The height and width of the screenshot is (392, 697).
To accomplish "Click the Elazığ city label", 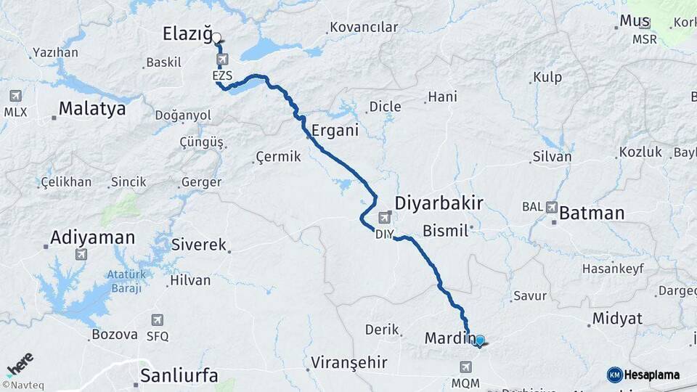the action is (x=187, y=33).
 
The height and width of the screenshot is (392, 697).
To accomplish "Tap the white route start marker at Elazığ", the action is (x=216, y=37).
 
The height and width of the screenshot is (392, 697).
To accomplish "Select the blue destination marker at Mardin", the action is (x=479, y=340).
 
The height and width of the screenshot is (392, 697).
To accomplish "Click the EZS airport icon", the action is (x=221, y=60).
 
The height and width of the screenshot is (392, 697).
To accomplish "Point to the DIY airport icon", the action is (x=384, y=217).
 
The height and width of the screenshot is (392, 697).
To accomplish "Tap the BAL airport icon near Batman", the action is (x=552, y=207).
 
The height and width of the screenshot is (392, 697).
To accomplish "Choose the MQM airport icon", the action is (x=465, y=367).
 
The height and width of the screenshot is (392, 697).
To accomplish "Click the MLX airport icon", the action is (x=15, y=96).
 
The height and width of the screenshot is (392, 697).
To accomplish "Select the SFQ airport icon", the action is (x=158, y=320).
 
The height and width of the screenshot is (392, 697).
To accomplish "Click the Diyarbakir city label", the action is (x=439, y=202).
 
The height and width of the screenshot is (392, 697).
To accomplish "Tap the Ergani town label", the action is (x=335, y=131).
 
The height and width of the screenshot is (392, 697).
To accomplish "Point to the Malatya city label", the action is (x=91, y=109).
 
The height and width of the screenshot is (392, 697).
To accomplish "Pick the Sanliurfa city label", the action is (x=179, y=375).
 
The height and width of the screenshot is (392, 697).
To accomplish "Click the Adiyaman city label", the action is (x=93, y=237).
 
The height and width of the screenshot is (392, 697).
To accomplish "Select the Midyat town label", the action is (x=617, y=318).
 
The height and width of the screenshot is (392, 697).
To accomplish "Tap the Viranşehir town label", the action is (x=348, y=362).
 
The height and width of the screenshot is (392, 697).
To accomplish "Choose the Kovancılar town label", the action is (x=364, y=28).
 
